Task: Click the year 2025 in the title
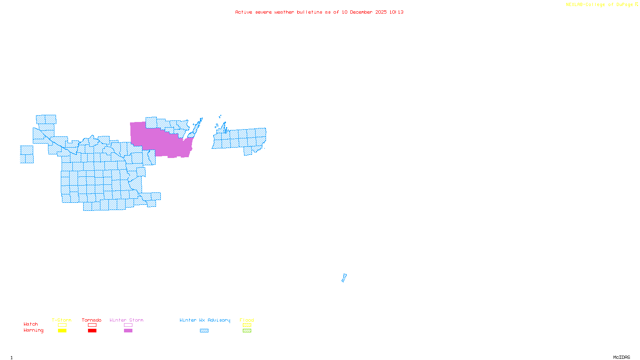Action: point(381,12)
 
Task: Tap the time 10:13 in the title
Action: point(396,12)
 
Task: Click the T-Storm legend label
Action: point(62,320)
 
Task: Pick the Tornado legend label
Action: point(92,320)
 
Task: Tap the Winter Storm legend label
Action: point(126,320)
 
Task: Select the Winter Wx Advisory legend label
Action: point(205,320)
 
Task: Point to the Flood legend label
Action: point(247,320)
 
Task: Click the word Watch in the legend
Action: point(31,324)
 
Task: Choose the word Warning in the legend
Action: point(33,330)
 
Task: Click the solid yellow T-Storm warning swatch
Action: point(62,331)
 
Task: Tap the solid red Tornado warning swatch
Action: point(92,331)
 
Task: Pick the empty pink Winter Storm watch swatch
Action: point(128,325)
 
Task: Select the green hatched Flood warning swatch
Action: point(247,331)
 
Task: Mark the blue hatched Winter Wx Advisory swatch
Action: point(204,331)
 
